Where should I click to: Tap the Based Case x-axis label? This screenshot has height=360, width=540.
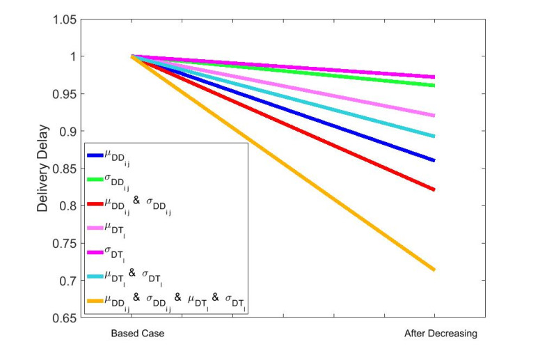point(137,334)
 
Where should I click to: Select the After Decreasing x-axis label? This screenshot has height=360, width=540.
point(440,334)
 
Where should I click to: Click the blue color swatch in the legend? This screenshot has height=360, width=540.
point(95,155)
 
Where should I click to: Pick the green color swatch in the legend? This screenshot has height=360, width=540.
point(95,179)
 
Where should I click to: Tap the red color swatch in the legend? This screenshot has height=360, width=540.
point(95,203)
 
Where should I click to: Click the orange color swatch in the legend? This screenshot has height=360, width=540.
point(95,300)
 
